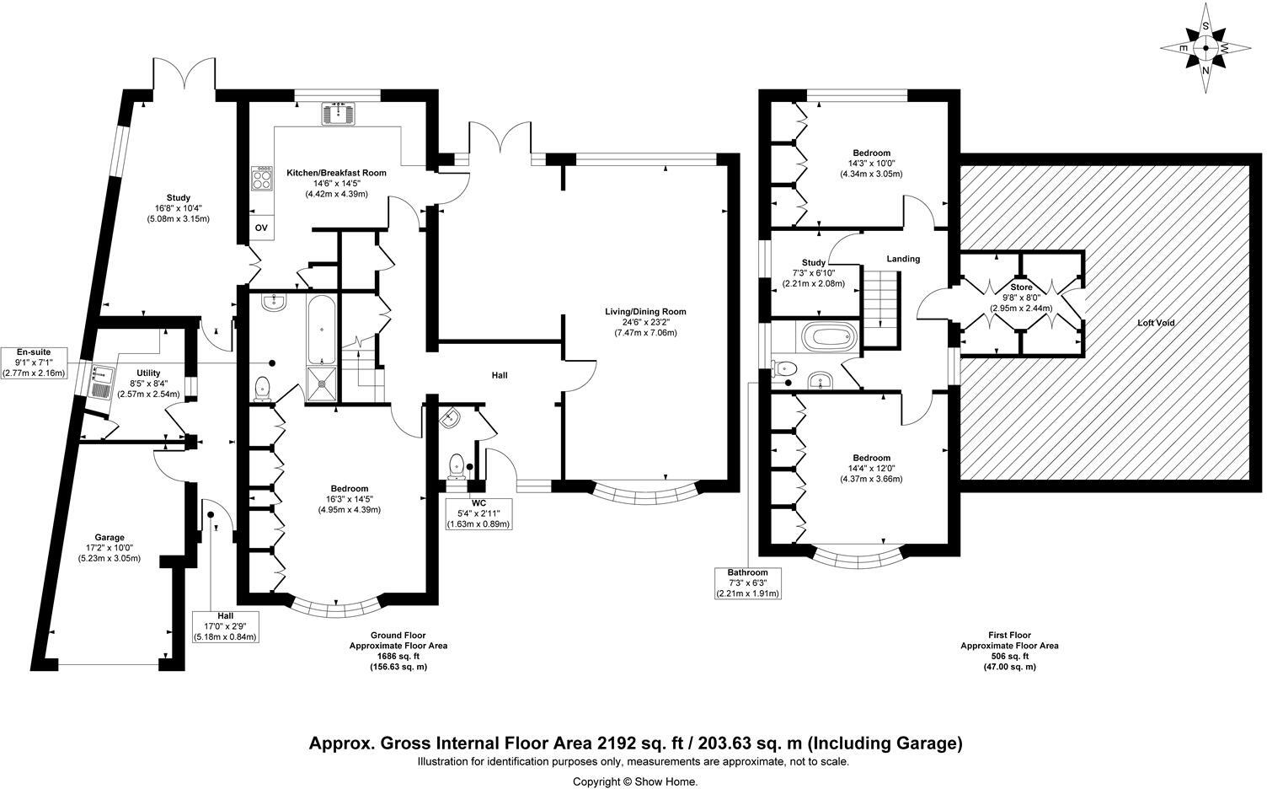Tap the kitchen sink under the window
(x=339, y=113)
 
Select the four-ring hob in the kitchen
(x=262, y=178)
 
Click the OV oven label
(x=261, y=228)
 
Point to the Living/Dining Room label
(x=645, y=311)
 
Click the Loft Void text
(x=1156, y=323)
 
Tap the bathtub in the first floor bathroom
(x=829, y=337)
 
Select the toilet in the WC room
(x=456, y=466)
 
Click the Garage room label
(x=110, y=537)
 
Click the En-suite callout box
(x=34, y=362)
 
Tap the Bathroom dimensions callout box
(x=748, y=583)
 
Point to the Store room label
(x=1021, y=287)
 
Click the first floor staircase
(x=880, y=309)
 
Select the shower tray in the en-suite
(x=322, y=384)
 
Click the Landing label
(x=903, y=259)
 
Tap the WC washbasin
(x=450, y=418)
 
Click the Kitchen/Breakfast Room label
(x=337, y=173)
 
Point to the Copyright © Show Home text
(x=635, y=781)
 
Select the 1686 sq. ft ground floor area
(x=398, y=656)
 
